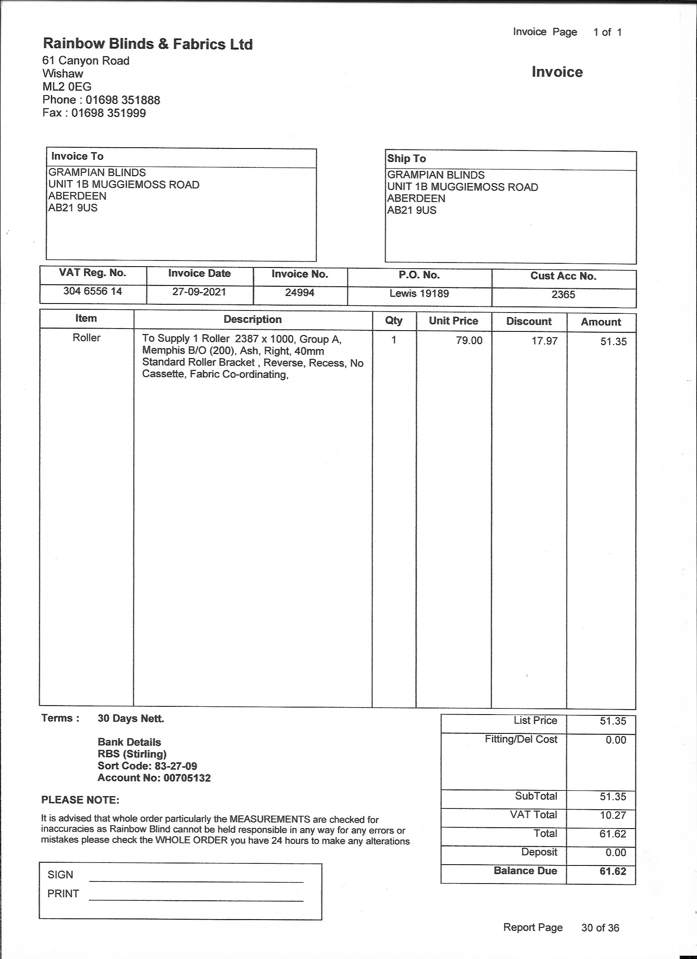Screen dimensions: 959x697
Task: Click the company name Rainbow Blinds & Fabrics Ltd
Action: coord(148,44)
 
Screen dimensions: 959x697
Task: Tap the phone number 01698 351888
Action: coord(123,100)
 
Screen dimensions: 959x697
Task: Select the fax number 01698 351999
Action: coord(108,113)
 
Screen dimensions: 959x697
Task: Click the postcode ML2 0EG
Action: coord(67,87)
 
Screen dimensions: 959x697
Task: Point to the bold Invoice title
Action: coord(557,72)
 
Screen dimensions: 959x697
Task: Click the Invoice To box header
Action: coord(77,156)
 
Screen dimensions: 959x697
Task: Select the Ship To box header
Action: coord(406,159)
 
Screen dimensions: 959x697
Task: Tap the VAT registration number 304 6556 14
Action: coord(93,291)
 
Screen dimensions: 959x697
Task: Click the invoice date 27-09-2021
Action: coord(199,292)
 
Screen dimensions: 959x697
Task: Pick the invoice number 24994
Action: coord(300,292)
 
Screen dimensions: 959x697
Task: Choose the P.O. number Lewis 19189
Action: coord(419,293)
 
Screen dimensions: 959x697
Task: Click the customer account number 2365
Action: coord(563,295)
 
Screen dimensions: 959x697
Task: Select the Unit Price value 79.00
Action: coord(469,340)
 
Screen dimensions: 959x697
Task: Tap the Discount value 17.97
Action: coord(544,341)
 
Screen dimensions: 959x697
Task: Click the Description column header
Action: coord(252,319)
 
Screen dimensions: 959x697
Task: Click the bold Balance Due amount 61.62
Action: coord(613,871)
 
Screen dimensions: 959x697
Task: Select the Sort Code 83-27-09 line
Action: coord(147,766)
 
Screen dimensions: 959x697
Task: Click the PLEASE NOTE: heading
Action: coord(80,799)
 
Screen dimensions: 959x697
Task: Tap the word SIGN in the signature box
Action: coord(60,875)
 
